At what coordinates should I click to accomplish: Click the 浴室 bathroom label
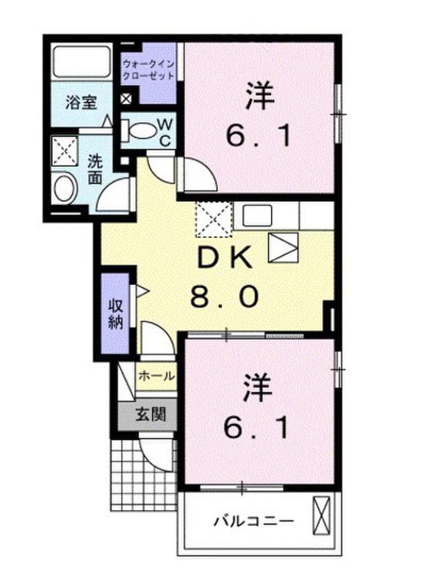[x=82, y=103]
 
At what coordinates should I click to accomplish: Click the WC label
[x=165, y=132]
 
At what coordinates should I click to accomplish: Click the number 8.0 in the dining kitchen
[x=223, y=295]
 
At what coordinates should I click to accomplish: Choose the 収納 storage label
[x=115, y=316]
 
